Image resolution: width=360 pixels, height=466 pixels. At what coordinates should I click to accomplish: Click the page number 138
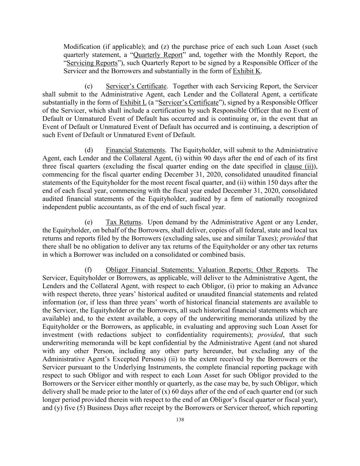pyautogui.click(x=180, y=420)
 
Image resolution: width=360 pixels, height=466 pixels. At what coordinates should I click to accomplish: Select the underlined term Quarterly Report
pyautogui.click(x=158, y=55)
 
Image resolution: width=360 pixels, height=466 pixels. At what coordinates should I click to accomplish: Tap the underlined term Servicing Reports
pyautogui.click(x=92, y=63)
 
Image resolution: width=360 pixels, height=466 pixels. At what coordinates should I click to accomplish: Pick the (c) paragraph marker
pyautogui.click(x=88, y=86)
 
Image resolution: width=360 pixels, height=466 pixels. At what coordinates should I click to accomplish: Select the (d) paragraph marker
pyautogui.click(x=88, y=150)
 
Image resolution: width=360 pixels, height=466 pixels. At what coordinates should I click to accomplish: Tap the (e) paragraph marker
pyautogui.click(x=88, y=222)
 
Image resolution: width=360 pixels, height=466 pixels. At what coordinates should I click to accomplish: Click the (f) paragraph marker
pyautogui.click(x=88, y=270)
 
